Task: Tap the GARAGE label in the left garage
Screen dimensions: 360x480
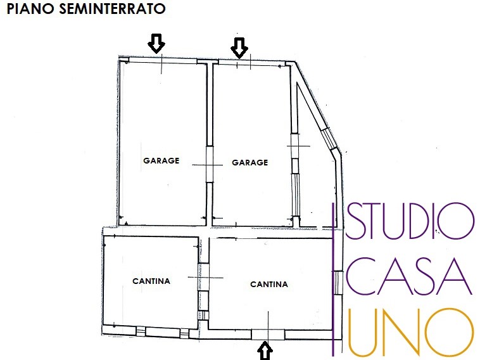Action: [x=161, y=161]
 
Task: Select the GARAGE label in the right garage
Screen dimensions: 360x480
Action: [x=250, y=162]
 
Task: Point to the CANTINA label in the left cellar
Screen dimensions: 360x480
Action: [x=151, y=281]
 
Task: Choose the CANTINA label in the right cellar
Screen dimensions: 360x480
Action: [x=269, y=285]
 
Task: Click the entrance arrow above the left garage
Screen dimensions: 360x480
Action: [x=156, y=44]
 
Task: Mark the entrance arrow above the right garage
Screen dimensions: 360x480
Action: [x=239, y=46]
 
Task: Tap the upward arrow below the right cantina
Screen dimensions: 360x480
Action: [x=265, y=350]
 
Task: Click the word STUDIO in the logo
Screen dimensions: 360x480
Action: [x=409, y=221]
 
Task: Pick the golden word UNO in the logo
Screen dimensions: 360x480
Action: [x=409, y=331]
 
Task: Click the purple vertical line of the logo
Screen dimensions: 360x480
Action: [x=334, y=279]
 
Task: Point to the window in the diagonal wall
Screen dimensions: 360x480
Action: [x=327, y=136]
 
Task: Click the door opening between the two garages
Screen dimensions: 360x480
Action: [x=210, y=165]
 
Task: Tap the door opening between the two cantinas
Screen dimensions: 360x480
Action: [x=204, y=279]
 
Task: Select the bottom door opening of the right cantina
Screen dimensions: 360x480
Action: [x=268, y=334]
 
